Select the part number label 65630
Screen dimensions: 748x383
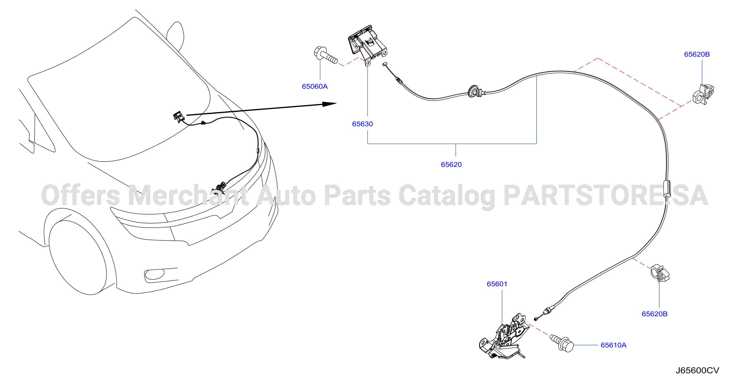click(x=362, y=124)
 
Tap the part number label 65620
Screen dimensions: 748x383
click(x=451, y=164)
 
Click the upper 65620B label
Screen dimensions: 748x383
click(x=697, y=54)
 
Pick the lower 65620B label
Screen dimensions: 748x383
click(x=654, y=314)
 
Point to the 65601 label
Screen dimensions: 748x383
click(x=497, y=284)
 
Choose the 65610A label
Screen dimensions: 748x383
click(x=614, y=345)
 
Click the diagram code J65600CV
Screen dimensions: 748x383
click(x=697, y=371)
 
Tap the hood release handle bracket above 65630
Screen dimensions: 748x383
click(x=367, y=45)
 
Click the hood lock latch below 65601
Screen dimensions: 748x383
click(x=504, y=337)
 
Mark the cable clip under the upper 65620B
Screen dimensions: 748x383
click(x=703, y=94)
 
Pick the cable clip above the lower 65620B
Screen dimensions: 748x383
click(x=660, y=273)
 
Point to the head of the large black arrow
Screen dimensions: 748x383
click(x=329, y=104)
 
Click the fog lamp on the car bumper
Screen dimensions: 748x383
click(x=154, y=274)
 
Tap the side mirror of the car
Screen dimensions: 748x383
click(x=175, y=36)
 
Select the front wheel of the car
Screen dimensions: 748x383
click(x=78, y=258)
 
